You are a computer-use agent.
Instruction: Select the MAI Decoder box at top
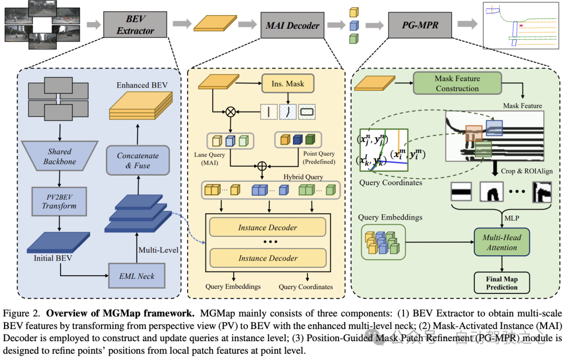(x=292, y=25)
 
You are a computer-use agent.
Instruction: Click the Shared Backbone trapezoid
(x=60, y=156)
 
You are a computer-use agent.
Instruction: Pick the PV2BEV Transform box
(x=59, y=201)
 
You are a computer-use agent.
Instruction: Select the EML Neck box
(x=137, y=276)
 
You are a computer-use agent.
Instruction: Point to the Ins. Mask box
(x=288, y=83)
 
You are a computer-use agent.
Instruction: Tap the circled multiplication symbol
(x=229, y=112)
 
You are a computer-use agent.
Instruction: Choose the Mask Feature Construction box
(x=457, y=83)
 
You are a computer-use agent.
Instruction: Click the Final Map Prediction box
(x=502, y=283)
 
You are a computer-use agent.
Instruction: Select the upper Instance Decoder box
(x=267, y=227)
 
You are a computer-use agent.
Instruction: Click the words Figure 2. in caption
(x=23, y=314)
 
